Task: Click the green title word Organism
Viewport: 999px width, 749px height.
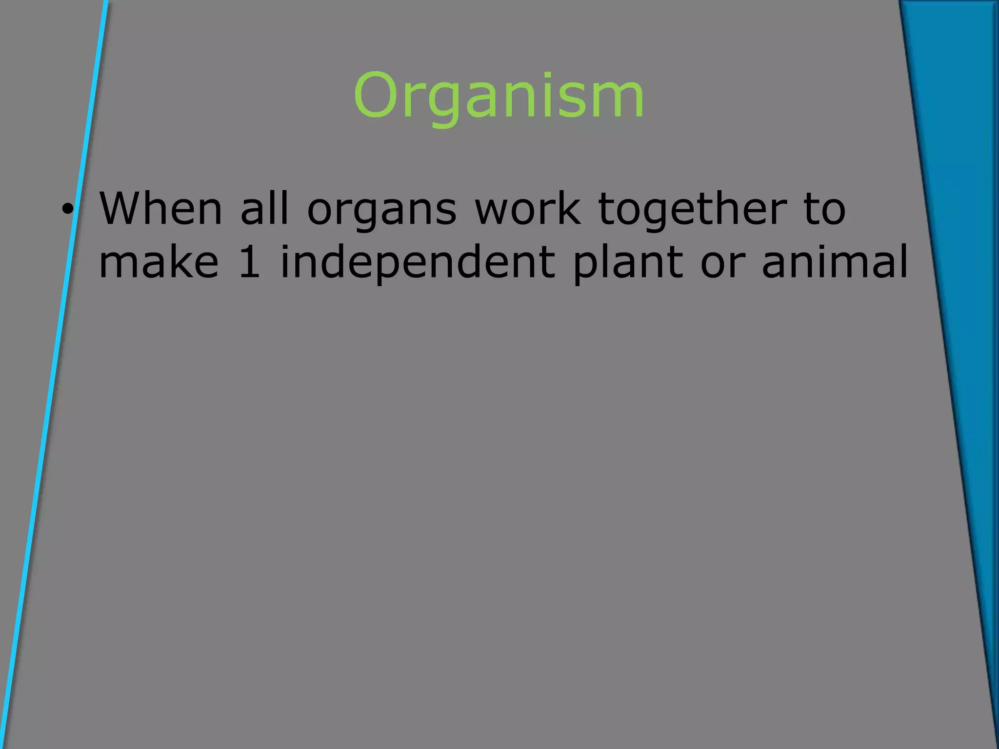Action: coord(499,96)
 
